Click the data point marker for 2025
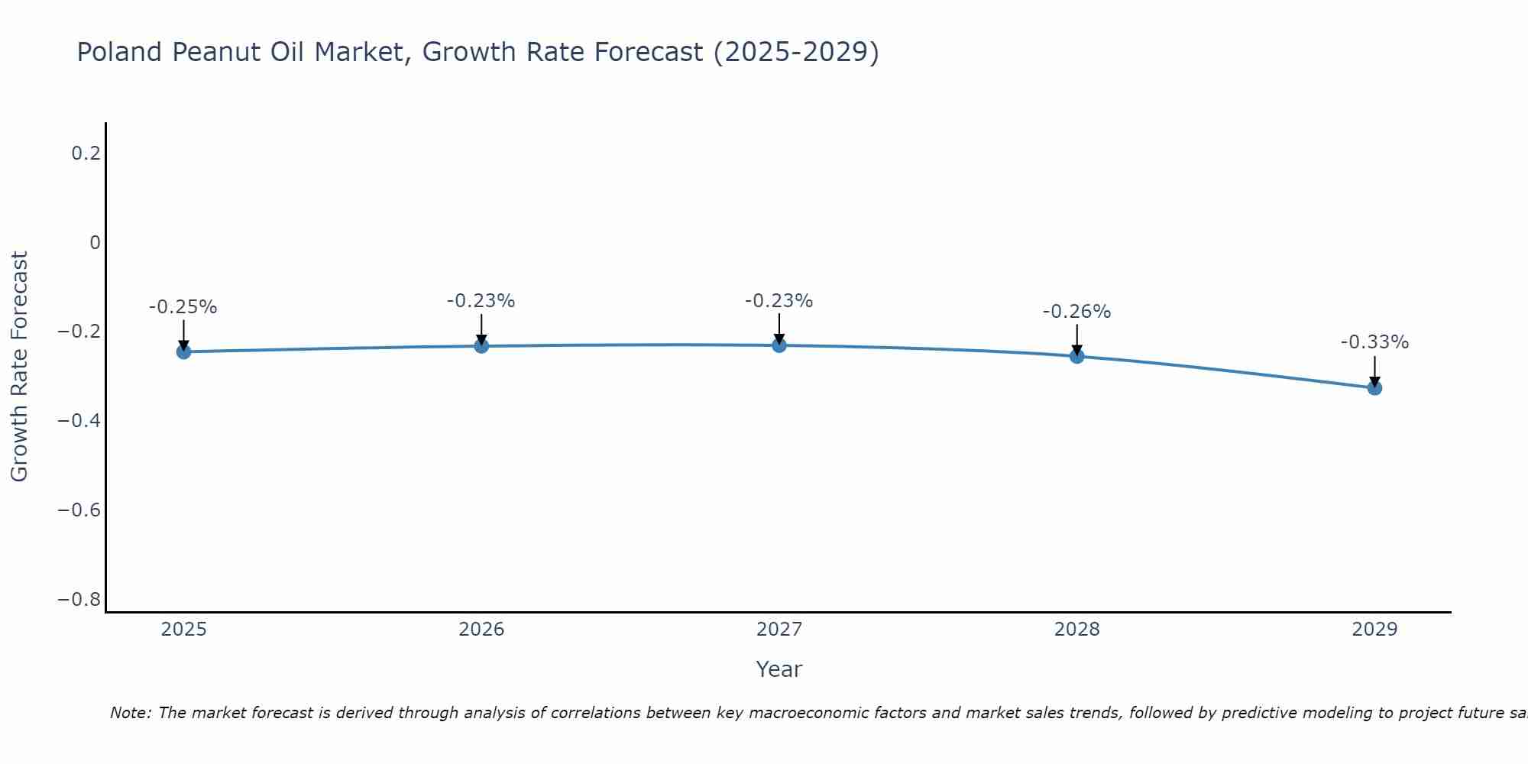click(x=183, y=351)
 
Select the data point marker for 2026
click(x=481, y=346)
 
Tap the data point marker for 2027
click(x=779, y=345)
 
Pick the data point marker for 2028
click(x=1076, y=356)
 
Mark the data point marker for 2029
click(x=1374, y=388)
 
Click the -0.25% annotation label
click(x=183, y=307)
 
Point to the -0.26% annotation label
click(x=1076, y=312)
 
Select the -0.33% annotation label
click(x=1374, y=342)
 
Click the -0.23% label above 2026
click(x=481, y=301)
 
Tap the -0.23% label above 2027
click(x=779, y=301)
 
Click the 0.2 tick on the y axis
click(x=86, y=154)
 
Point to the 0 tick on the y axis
click(x=95, y=243)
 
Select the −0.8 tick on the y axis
click(x=79, y=600)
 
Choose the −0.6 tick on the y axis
click(x=79, y=510)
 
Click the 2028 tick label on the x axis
click(x=1076, y=630)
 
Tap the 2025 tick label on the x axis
click(x=184, y=630)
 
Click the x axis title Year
click(x=779, y=669)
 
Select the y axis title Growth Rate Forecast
click(x=19, y=367)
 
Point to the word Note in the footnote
click(x=130, y=713)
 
